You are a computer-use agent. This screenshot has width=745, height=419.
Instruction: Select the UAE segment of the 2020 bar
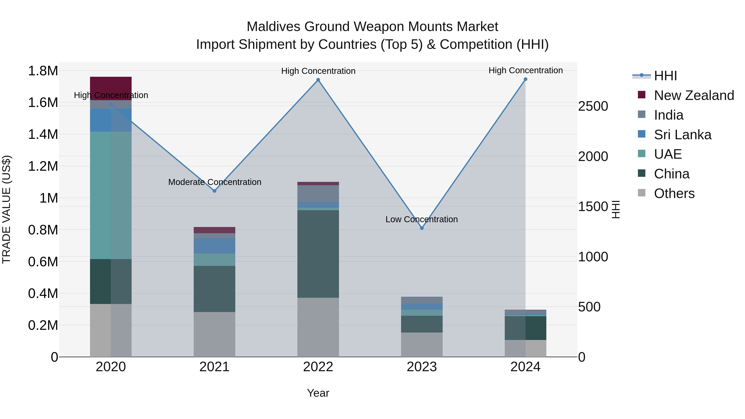111,195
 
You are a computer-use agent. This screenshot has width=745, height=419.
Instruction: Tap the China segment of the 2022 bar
318,254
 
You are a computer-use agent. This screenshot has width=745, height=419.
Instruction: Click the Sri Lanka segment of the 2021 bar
214,246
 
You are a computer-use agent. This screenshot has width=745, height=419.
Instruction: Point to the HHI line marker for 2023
422,228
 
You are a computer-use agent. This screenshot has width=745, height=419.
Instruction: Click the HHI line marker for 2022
318,80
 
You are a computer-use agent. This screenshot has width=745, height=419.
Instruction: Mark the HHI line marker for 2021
214,191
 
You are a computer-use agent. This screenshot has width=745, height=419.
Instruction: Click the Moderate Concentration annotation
215,182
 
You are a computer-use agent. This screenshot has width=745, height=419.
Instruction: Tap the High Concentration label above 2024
525,70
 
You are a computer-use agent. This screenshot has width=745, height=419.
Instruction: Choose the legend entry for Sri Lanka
682,135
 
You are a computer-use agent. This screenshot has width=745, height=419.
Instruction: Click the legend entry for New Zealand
693,95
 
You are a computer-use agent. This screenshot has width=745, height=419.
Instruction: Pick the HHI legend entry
665,76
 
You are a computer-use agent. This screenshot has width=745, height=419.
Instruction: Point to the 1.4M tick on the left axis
43,134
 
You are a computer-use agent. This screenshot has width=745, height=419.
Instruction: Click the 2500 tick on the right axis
593,106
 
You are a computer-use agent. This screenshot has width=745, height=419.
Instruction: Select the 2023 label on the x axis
422,367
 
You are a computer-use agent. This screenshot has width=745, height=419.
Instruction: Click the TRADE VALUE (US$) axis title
6,209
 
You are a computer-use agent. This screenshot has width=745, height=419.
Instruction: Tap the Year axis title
318,393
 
